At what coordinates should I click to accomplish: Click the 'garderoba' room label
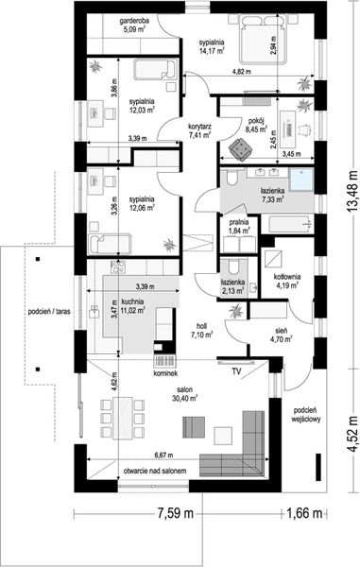(134, 21)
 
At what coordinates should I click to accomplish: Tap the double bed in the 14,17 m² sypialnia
(265, 40)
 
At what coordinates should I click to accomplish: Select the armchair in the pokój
(240, 149)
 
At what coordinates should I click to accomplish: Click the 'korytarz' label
(199, 127)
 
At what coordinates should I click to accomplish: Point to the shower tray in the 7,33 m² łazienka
(301, 180)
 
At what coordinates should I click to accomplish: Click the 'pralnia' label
(238, 222)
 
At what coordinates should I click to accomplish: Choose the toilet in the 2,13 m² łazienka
(234, 266)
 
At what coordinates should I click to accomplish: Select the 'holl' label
(201, 325)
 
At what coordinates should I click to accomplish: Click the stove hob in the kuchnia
(118, 266)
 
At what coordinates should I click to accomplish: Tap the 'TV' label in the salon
(237, 371)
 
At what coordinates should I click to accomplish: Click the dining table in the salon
(123, 418)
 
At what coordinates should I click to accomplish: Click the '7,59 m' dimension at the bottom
(175, 513)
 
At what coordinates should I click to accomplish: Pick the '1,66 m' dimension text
(304, 513)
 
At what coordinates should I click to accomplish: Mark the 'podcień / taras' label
(49, 311)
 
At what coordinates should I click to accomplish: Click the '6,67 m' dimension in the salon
(163, 455)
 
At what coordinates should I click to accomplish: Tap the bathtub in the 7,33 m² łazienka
(287, 224)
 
